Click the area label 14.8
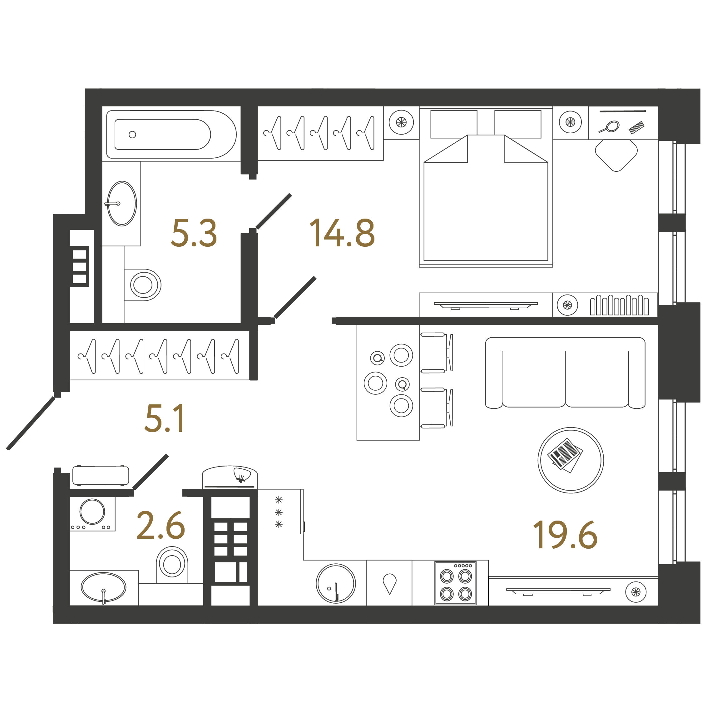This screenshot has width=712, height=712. pos(342,233)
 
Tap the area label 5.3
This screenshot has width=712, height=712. pos(194,233)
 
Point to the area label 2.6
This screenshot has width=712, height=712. pos(161,525)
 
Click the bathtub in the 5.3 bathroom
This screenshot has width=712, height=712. pos(171,135)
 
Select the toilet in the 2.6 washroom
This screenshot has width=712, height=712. pos(172,564)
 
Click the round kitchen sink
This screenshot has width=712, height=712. pos(336,583)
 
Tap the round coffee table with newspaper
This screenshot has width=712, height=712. pos(571,460)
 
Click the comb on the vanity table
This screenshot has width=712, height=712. pos(636,127)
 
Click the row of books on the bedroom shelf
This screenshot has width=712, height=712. pos(619,305)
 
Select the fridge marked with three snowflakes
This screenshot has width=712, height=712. pos(280,512)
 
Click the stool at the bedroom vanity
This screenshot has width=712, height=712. pos(616,155)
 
